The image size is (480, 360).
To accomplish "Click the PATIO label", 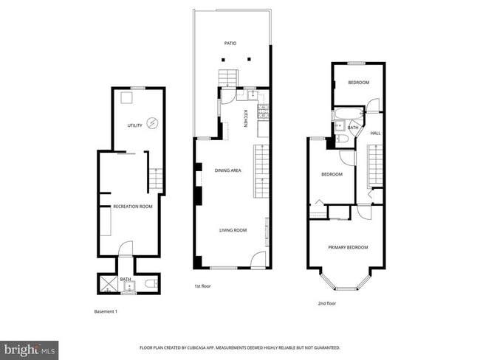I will (230, 44).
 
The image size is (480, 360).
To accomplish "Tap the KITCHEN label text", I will (246, 117).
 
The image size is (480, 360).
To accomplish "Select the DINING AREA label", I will (227, 170).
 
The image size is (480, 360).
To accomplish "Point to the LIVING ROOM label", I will (233, 230).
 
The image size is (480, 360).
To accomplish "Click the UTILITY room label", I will (134, 125).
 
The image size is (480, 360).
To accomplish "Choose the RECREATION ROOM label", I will (133, 207).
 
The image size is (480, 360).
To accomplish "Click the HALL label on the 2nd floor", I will (375, 134).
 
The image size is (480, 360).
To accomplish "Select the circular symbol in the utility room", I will (153, 123).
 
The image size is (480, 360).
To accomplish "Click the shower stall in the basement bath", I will (107, 283).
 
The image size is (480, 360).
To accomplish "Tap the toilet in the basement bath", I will (148, 283).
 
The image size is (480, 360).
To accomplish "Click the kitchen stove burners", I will (262, 111).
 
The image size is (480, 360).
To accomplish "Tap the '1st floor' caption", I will (203, 286).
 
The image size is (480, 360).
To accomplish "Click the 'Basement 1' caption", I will (106, 311).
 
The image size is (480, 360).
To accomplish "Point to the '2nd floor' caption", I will (326, 303).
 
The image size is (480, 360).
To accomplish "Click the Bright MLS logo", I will (30, 348).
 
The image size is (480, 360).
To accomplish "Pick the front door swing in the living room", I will (258, 259).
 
